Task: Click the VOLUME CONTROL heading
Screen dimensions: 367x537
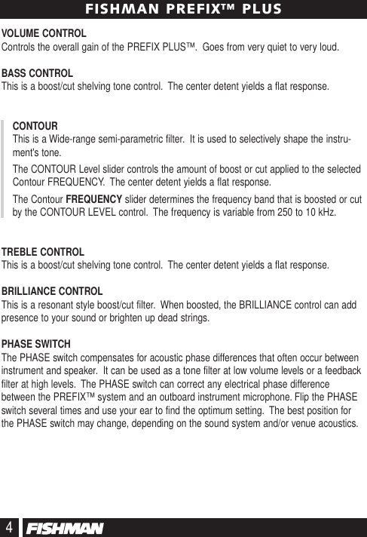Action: [x=44, y=35]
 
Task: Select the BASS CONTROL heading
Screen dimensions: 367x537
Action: [x=38, y=74]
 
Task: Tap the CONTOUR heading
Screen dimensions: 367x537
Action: [x=36, y=125]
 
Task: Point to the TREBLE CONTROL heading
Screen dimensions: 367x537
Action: [x=43, y=252]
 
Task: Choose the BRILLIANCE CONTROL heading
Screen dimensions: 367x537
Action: [x=53, y=291]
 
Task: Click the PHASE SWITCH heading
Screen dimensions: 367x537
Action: [x=36, y=343]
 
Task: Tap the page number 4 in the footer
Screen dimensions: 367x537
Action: [x=10, y=526]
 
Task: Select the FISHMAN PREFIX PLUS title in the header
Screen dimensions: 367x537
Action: [x=183, y=9]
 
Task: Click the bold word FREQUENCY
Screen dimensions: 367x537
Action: [x=94, y=199]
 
